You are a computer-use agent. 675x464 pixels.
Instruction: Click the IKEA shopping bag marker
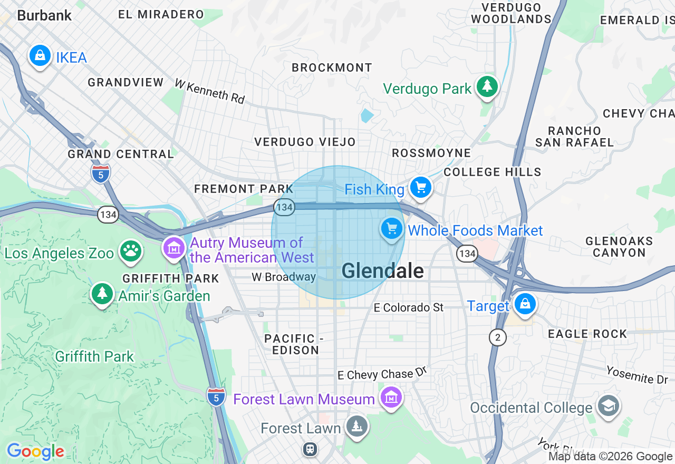point(40,55)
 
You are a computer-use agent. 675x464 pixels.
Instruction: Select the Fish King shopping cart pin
point(420,187)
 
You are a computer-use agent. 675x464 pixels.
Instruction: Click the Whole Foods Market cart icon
point(391,229)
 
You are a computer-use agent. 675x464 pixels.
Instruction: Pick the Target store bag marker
point(525,304)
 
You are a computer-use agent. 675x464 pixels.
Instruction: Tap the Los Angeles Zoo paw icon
point(130,251)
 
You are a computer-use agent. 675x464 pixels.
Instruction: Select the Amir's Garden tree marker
point(102,294)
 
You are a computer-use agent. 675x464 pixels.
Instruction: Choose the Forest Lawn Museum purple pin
point(391,398)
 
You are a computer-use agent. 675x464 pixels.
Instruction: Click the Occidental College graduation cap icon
point(609,406)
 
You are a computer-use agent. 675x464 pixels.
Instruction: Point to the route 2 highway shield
point(497,337)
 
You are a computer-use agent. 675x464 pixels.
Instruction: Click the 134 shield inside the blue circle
point(284,207)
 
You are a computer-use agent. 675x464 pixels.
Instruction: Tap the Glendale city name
point(382,271)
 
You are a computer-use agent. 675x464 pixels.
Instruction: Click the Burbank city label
point(44,15)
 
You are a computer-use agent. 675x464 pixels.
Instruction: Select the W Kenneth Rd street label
point(210,91)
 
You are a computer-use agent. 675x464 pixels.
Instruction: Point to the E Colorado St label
point(409,307)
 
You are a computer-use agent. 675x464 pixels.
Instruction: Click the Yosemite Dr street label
point(637,374)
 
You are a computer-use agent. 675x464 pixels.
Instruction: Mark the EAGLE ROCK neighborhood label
point(587,334)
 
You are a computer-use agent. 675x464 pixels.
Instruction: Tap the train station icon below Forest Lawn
point(310,449)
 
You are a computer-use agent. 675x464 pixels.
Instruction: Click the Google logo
point(35,451)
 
